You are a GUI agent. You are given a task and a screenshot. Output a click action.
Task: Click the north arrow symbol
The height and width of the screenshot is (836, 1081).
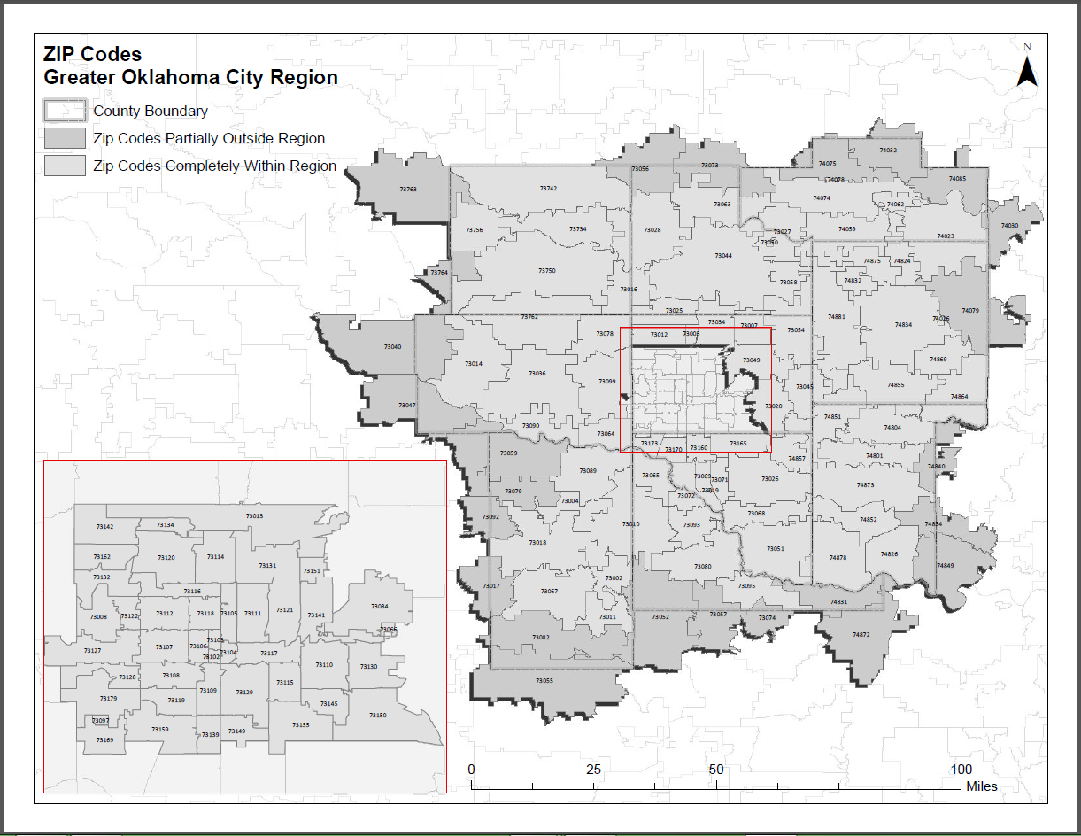[1027, 69]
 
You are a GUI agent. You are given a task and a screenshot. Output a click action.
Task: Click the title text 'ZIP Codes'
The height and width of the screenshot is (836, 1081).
[92, 55]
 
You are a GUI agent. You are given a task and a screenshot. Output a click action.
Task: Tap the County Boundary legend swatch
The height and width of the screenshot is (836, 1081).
[66, 111]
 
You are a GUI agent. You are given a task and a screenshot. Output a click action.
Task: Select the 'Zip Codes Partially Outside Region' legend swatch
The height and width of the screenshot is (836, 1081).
[66, 138]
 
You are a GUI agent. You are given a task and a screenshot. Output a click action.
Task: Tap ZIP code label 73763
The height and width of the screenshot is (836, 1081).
[408, 189]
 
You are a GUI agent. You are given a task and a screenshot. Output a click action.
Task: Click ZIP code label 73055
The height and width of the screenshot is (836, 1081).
[544, 680]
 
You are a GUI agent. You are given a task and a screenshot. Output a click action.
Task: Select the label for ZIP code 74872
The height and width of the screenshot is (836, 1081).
[861, 634]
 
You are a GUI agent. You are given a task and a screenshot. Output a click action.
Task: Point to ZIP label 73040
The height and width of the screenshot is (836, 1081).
[392, 346]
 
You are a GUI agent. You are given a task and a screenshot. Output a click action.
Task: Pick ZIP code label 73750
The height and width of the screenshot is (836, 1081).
[547, 270]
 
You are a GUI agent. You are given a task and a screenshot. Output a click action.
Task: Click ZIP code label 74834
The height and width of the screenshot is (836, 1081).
[903, 324]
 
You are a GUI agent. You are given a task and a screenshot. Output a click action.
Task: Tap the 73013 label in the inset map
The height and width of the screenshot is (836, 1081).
[254, 515]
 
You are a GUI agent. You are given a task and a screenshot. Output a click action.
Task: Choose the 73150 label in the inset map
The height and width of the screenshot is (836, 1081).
[378, 714]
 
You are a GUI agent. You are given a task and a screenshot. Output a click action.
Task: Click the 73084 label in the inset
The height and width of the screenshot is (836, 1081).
[379, 606]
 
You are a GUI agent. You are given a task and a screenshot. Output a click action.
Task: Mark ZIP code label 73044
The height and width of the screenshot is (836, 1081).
[723, 255]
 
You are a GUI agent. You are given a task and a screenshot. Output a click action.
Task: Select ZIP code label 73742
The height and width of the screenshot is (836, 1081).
[548, 188]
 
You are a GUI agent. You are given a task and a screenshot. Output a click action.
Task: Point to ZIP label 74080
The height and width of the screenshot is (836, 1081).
[1009, 226]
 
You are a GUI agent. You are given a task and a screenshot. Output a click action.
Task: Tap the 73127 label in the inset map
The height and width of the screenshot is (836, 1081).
[92, 650]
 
